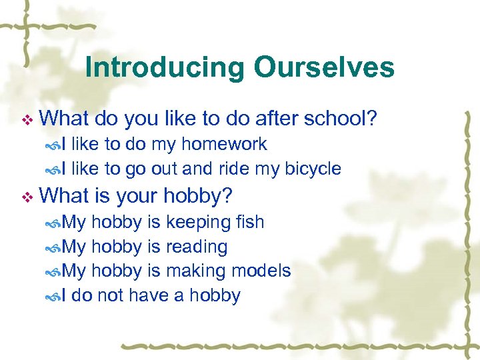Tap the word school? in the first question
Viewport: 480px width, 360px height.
[341, 119]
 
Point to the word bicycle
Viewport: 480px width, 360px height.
[313, 169]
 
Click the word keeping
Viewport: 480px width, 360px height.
[195, 222]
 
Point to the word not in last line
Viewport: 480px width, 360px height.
[110, 295]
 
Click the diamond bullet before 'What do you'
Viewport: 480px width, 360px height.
[27, 120]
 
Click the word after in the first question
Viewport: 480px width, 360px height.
[277, 119]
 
